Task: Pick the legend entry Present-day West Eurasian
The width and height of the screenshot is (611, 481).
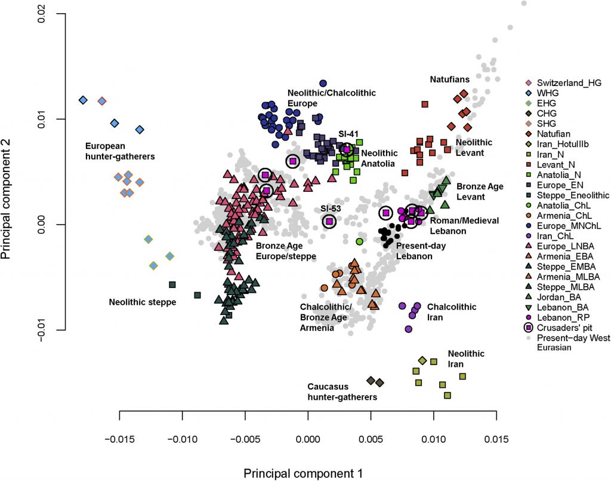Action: coord(566,342)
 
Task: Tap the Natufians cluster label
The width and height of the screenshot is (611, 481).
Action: coord(449,79)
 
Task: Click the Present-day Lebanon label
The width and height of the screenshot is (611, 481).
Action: coord(421,250)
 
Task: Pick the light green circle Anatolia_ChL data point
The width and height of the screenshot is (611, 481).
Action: coord(359,241)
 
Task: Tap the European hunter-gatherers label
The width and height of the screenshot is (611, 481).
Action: coord(120,151)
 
